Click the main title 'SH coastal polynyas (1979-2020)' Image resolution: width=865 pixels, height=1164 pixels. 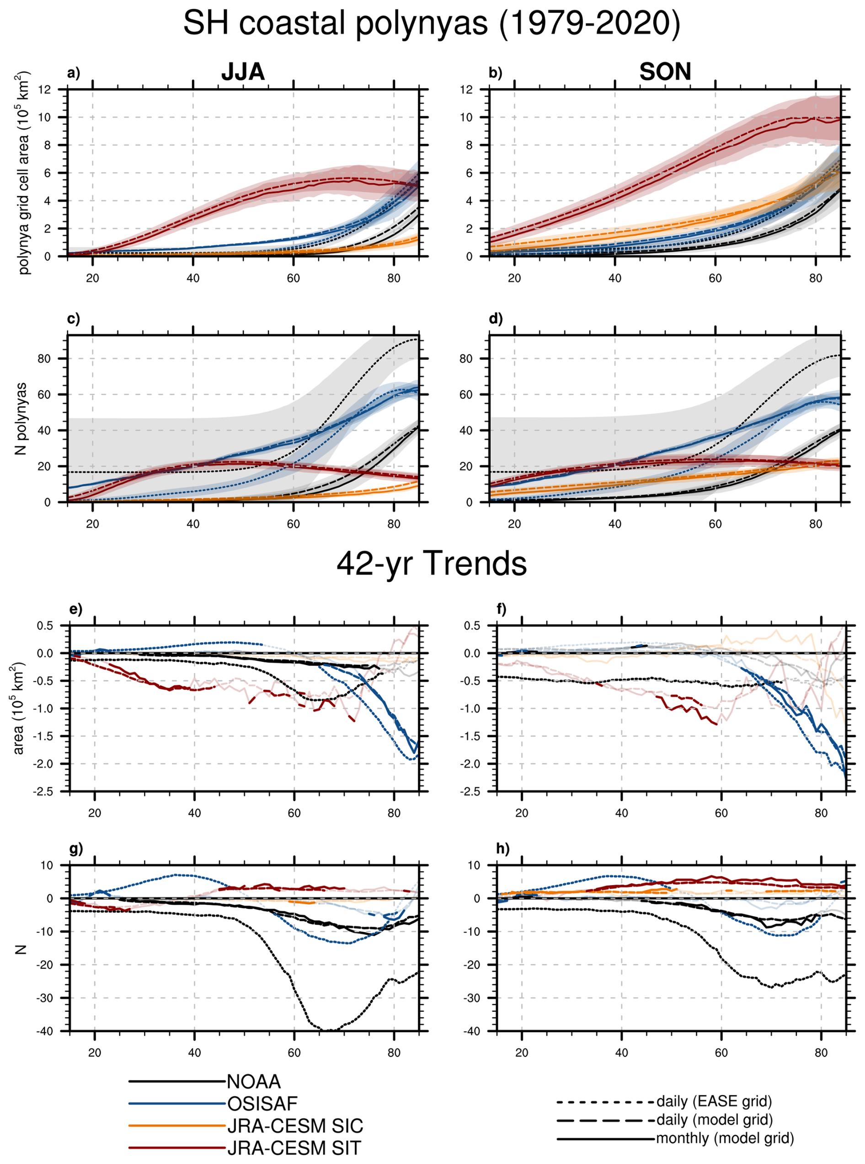point(432,24)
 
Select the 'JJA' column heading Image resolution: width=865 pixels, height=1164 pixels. point(243,72)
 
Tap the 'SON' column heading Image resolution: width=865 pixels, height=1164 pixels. point(665,72)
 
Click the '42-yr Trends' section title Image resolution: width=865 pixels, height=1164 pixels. point(432,564)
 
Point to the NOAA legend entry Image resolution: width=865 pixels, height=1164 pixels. point(254,1081)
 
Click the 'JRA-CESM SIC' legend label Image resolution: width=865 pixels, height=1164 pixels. point(295,1126)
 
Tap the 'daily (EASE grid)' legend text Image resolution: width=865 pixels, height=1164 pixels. point(714,1101)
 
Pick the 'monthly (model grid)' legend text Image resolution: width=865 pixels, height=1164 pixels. point(725,1138)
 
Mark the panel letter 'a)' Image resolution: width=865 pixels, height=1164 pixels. point(74,73)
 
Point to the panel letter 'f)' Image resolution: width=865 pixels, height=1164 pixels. point(502,609)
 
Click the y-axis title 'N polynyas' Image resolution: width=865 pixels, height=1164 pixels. point(21,419)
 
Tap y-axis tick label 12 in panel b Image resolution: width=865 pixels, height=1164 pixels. point(466,90)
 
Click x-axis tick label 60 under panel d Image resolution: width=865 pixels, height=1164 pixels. point(715,523)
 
